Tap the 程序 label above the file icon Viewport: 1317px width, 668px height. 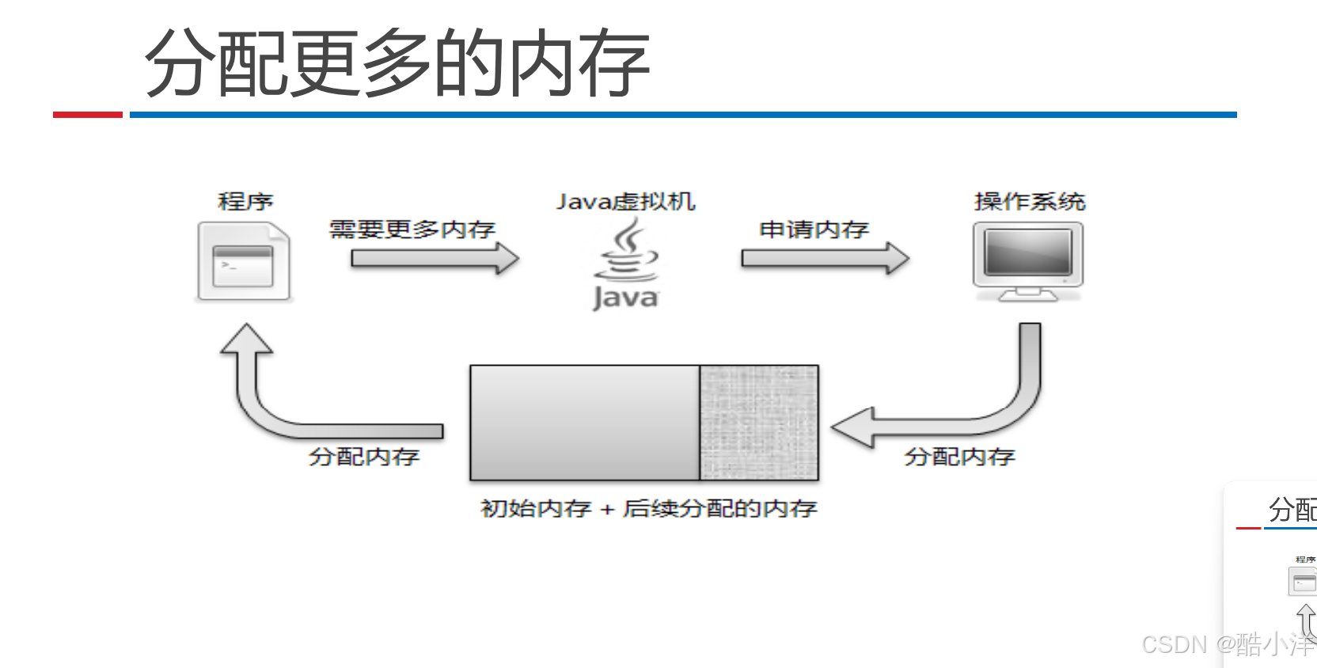245,202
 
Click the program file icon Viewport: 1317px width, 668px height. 244,261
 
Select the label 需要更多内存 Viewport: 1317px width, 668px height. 412,230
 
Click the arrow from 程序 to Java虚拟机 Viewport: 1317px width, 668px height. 435,258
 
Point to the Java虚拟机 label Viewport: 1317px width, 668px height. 625,202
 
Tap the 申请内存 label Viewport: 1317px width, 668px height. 814,230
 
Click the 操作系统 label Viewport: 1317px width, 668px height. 1029,202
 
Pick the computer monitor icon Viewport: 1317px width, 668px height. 1027,261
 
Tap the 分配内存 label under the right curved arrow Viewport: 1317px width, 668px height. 959,457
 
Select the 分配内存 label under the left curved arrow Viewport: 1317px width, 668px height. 364,457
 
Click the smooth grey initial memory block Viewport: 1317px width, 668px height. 584,423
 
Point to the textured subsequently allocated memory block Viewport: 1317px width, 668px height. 759,423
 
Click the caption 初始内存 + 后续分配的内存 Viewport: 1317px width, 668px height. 648,508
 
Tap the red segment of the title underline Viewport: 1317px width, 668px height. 87,115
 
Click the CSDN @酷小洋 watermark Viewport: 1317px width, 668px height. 1227,645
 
